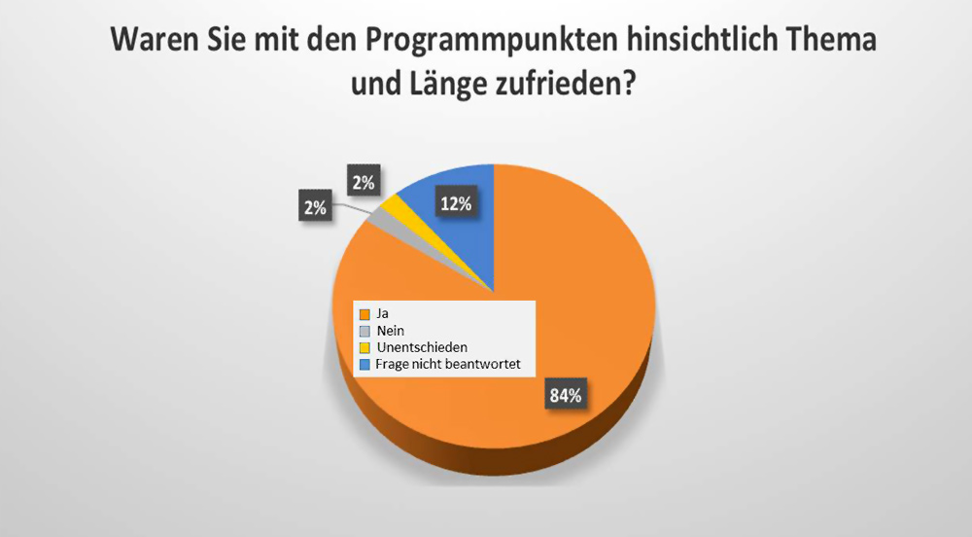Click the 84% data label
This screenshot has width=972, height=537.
point(565,396)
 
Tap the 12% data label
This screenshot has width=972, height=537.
point(455,204)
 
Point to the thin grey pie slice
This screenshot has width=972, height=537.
point(375,218)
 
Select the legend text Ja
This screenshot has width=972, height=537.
point(384,314)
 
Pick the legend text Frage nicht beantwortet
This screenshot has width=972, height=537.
point(441,365)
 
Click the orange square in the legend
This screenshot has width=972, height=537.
point(365,314)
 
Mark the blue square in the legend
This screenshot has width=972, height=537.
point(365,365)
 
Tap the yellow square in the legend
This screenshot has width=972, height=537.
point(365,347)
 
